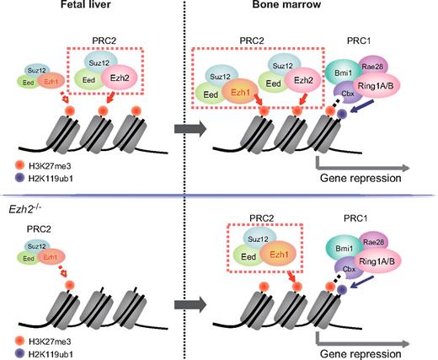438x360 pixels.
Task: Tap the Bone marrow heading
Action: click(312, 8)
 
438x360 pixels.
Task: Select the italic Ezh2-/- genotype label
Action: click(25, 207)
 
